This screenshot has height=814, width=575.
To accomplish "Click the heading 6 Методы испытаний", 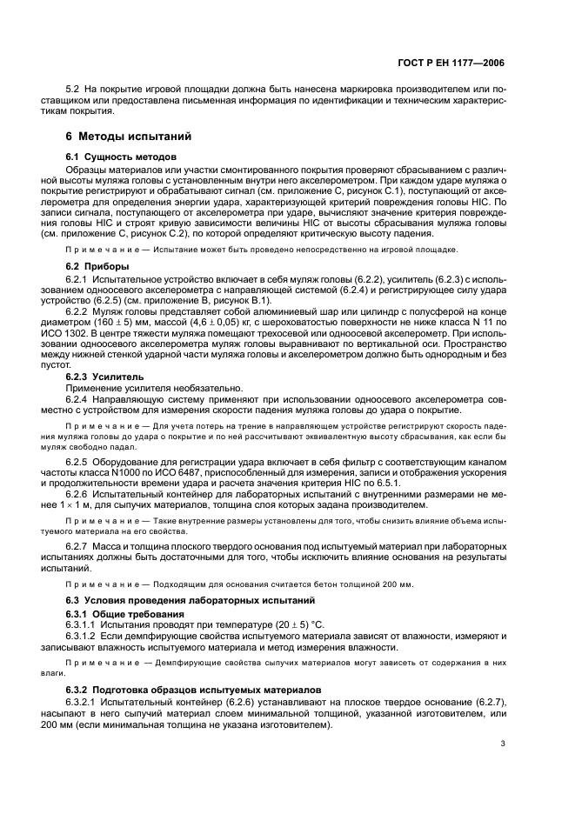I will (x=130, y=137).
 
